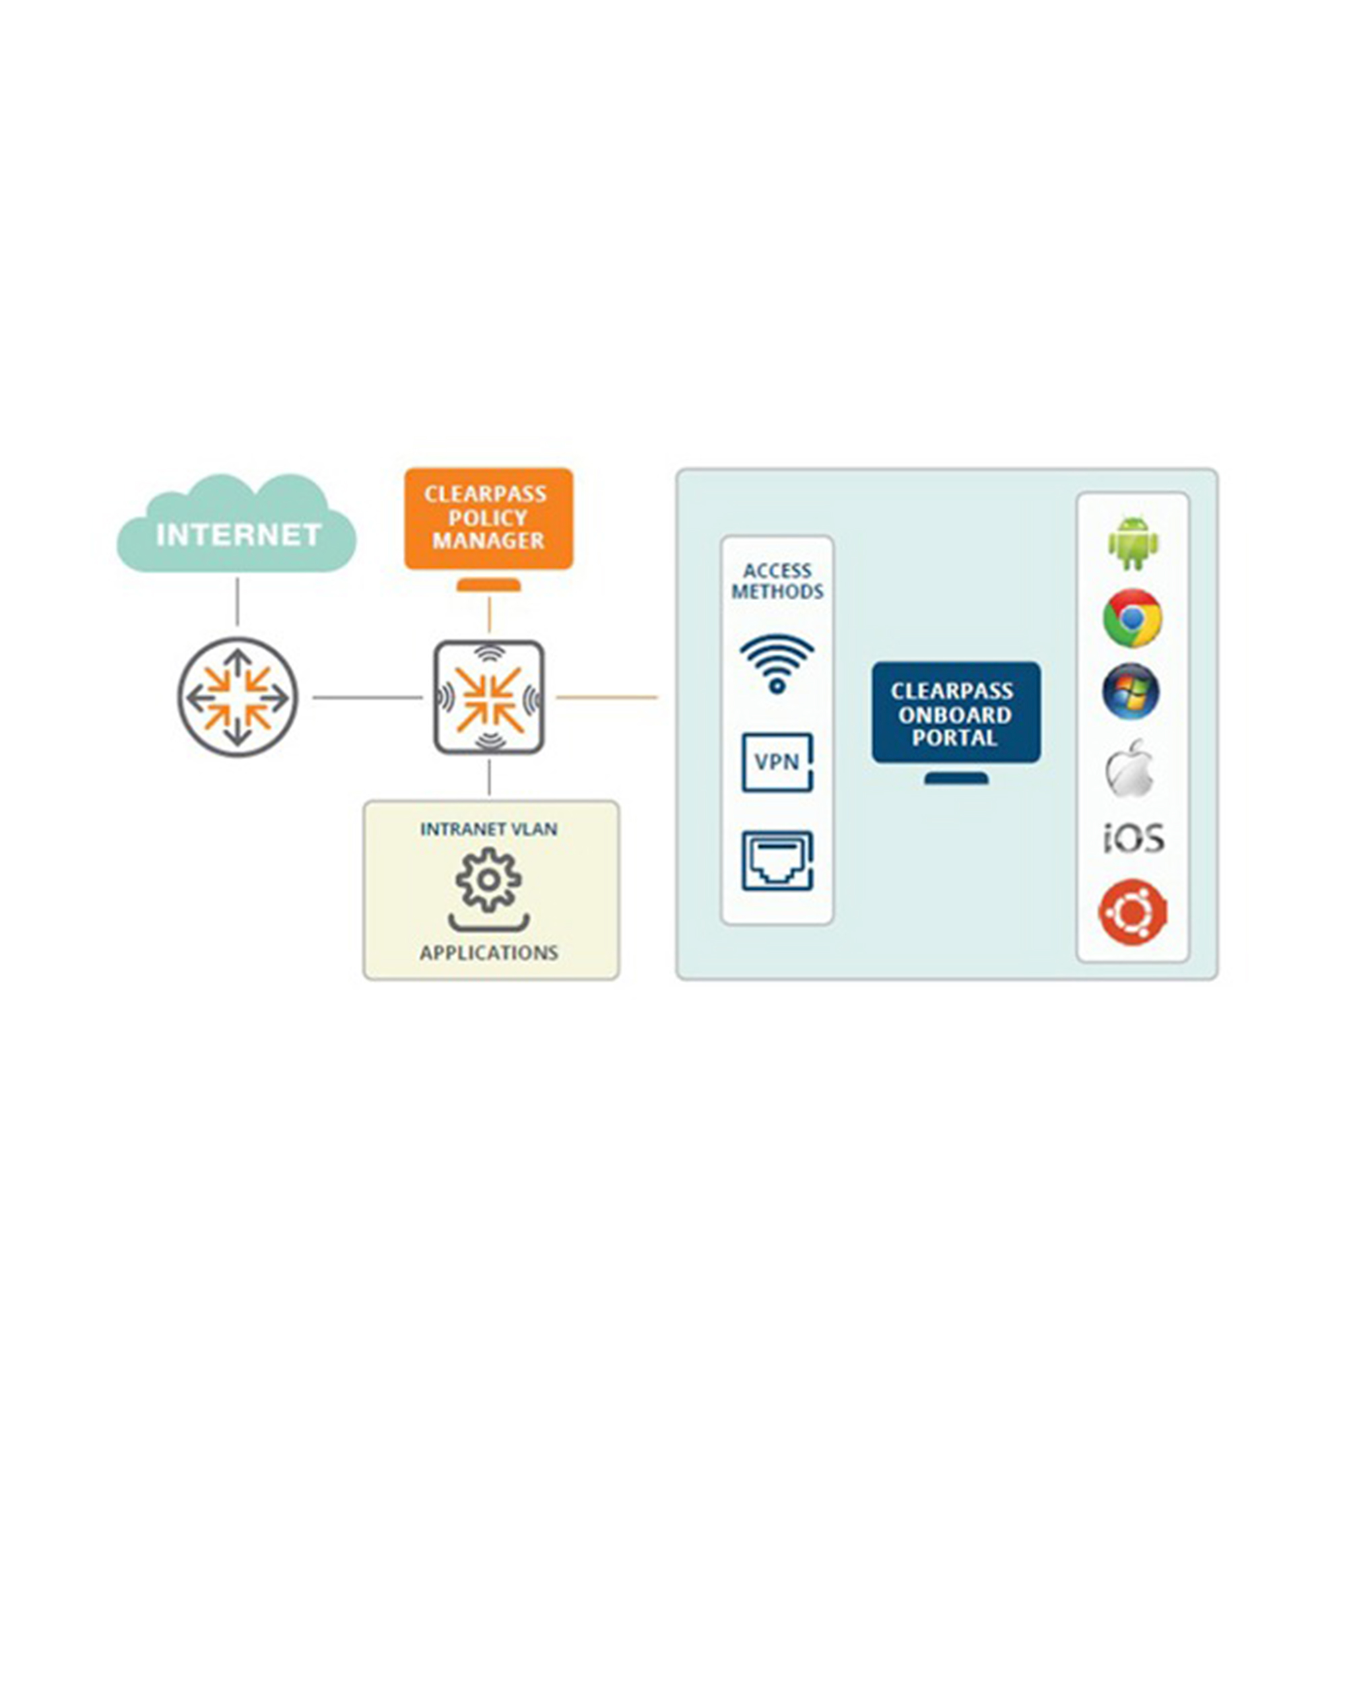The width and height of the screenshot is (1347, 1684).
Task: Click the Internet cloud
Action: point(236,524)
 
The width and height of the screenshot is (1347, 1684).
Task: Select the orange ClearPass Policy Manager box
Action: point(489,519)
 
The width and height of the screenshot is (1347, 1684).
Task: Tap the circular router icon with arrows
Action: point(237,697)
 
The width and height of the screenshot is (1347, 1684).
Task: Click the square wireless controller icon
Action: point(489,697)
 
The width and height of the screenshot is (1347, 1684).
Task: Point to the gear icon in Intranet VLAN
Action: point(489,880)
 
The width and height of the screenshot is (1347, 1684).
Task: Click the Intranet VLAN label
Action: point(489,829)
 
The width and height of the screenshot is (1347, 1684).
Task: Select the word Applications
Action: point(489,953)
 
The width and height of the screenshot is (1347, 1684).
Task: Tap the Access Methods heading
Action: point(777,581)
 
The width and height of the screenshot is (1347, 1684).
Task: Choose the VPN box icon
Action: point(777,763)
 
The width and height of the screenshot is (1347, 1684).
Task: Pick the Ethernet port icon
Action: point(777,861)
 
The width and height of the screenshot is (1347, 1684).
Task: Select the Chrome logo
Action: point(1132,618)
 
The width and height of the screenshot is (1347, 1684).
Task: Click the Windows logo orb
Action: point(1131,691)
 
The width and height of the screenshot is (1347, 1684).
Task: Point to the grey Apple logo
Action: point(1129,769)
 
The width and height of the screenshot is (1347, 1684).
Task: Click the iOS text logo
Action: point(1133,838)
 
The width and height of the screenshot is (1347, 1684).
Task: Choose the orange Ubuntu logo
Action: point(1132,911)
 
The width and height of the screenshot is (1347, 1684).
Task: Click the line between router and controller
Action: point(368,697)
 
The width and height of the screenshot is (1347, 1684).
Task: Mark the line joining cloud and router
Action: point(237,602)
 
